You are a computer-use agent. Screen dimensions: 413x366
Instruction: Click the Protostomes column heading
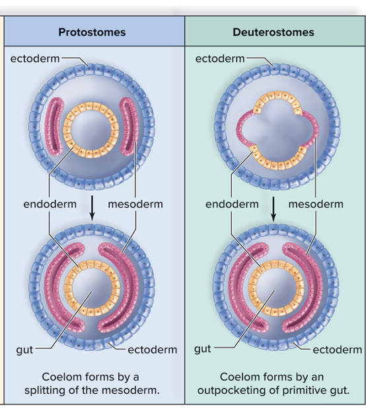click(92, 32)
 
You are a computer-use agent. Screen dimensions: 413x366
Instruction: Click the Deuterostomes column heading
click(274, 32)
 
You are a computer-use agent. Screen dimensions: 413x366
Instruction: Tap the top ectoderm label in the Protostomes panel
click(35, 59)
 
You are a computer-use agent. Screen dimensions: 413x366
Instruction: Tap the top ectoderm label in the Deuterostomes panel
click(220, 59)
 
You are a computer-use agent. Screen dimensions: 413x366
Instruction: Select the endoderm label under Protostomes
click(50, 204)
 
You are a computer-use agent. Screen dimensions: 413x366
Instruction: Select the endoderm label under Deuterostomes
click(232, 204)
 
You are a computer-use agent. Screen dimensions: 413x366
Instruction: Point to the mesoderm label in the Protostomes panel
click(135, 204)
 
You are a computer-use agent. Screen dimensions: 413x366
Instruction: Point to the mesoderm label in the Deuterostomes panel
click(316, 204)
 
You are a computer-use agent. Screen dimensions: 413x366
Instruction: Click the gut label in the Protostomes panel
click(24, 349)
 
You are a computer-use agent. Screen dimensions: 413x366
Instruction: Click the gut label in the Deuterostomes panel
click(203, 349)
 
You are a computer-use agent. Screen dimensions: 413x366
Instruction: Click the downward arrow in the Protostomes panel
click(92, 208)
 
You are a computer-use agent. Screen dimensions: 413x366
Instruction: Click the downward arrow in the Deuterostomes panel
click(273, 208)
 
